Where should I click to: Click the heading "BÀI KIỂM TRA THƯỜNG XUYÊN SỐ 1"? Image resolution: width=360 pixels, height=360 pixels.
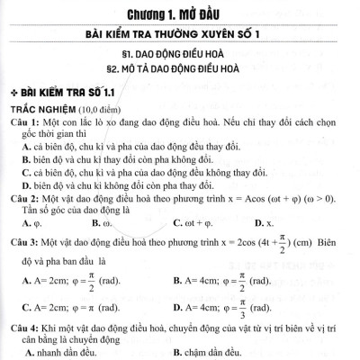coord(181,35)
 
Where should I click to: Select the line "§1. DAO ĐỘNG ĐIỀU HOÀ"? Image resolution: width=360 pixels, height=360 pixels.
coord(181,56)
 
